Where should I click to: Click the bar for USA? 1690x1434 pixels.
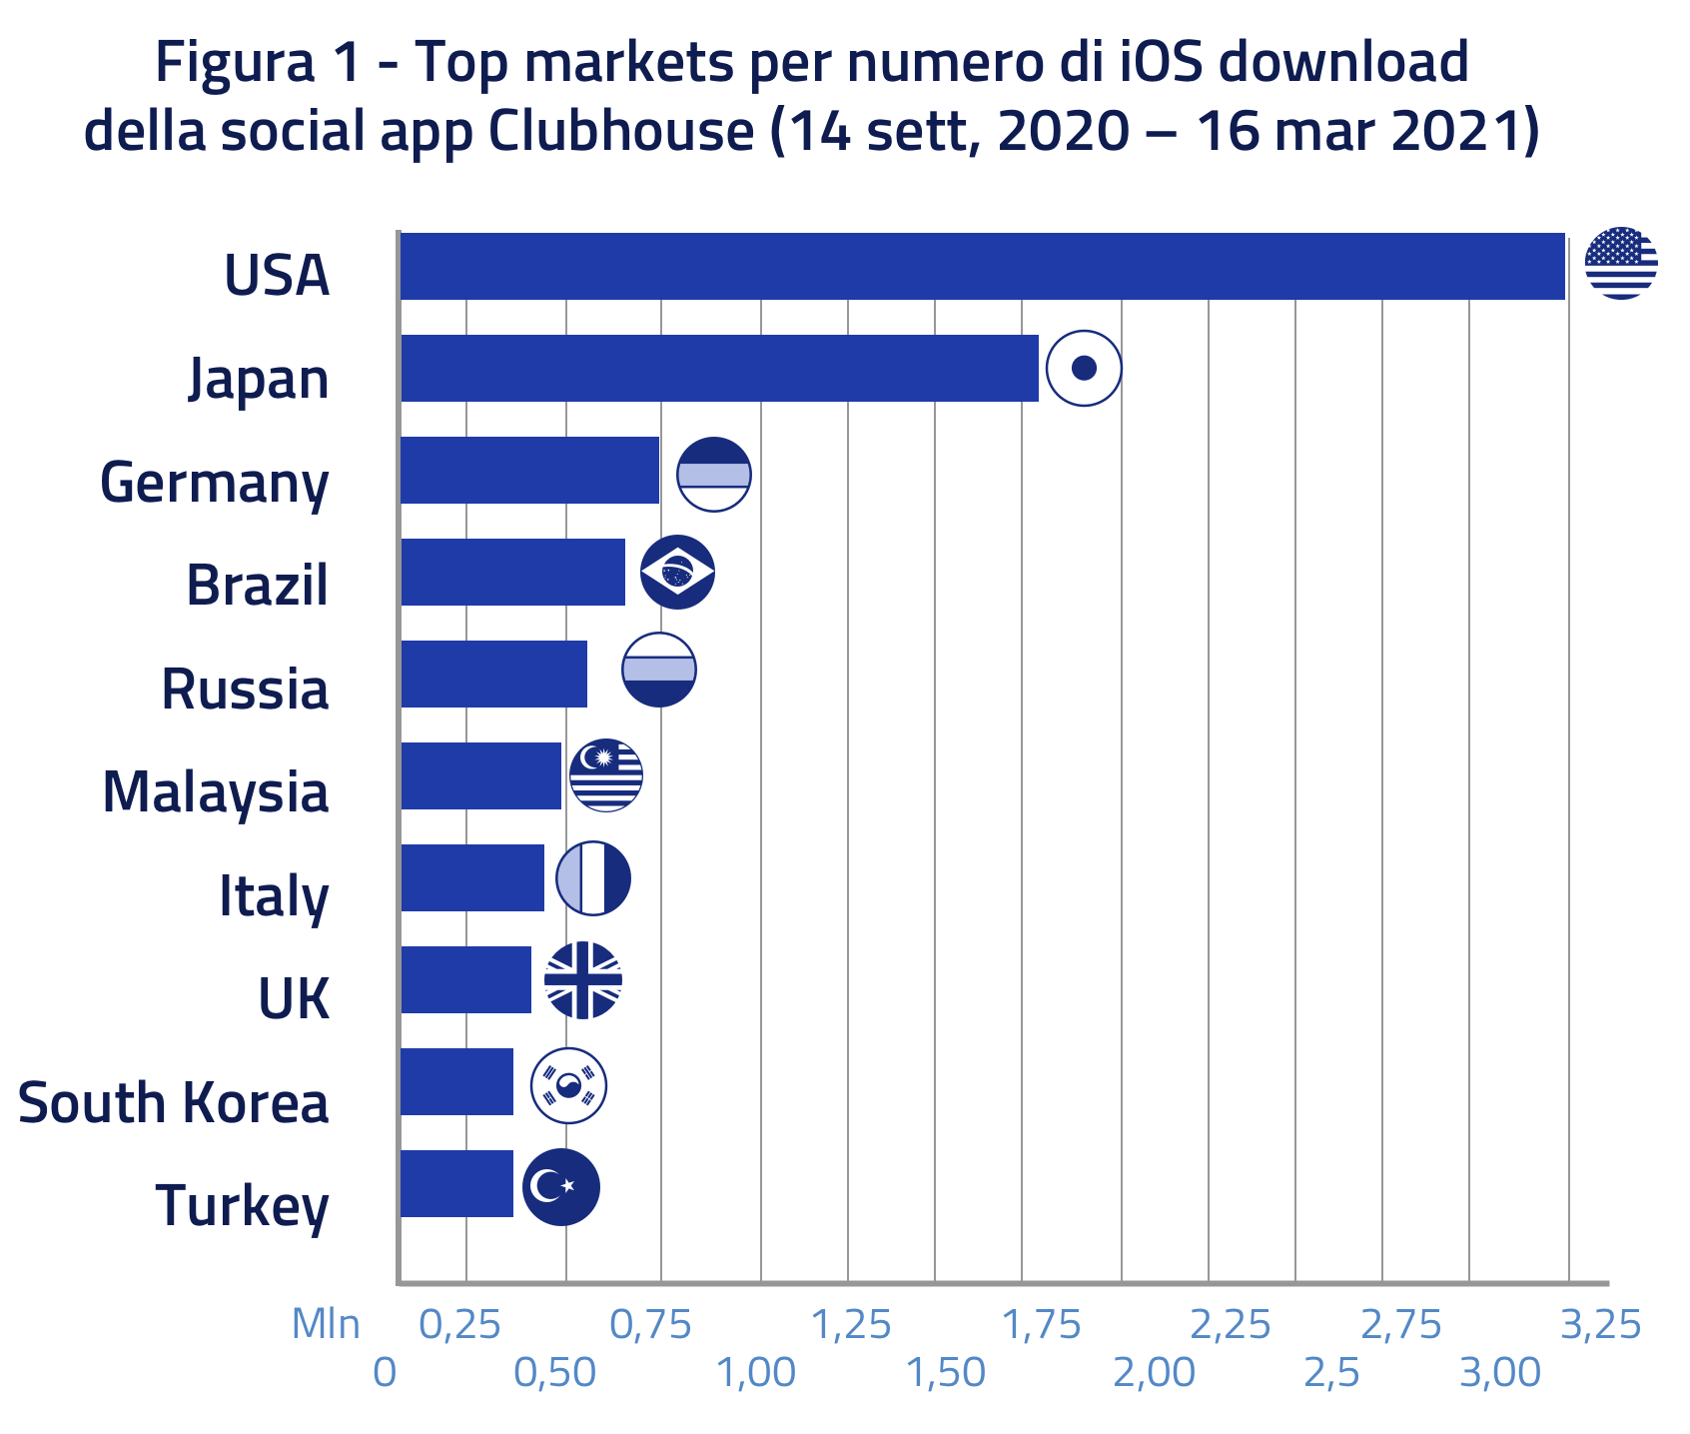982,266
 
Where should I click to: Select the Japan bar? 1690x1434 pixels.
719,368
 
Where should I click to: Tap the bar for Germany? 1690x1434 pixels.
529,470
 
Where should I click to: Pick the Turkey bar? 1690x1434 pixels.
456,1183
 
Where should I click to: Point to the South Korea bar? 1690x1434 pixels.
456,1081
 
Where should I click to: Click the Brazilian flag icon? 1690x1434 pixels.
677,572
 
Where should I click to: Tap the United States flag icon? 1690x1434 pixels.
1621,263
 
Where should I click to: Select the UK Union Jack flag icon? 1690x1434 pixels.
583,980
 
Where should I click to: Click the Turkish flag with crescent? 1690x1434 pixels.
561,1186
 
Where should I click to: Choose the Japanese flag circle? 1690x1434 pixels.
1084,368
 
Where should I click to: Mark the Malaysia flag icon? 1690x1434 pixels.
605,774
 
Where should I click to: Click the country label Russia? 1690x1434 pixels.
245,690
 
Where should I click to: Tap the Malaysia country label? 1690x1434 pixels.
215,792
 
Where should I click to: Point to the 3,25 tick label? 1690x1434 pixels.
1600,1325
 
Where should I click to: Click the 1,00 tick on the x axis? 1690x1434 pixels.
756,1372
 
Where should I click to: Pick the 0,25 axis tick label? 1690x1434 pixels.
458,1325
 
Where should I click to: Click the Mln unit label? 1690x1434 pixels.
326,1324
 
